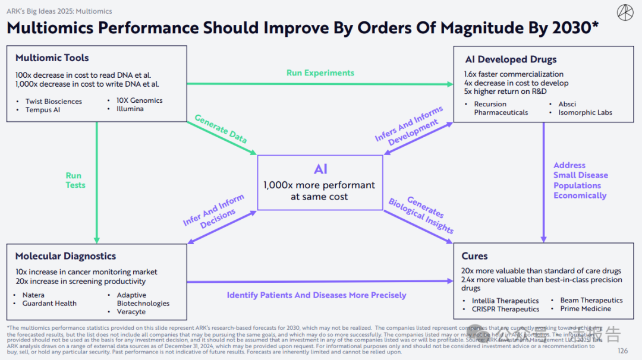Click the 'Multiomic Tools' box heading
(x=52, y=58)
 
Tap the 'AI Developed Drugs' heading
(x=511, y=59)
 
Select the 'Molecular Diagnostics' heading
(x=65, y=256)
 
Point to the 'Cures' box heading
(x=474, y=256)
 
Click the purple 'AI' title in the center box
(x=320, y=169)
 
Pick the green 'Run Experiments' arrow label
(x=320, y=73)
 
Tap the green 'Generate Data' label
(x=221, y=129)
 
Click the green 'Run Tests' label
(x=75, y=180)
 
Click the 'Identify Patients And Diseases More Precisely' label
(x=316, y=295)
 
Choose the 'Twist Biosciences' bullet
(x=53, y=102)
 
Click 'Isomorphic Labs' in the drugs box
(x=585, y=112)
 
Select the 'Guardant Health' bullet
(x=49, y=304)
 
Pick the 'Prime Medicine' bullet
(x=586, y=309)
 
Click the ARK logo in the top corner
(x=624, y=12)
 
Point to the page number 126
(x=622, y=351)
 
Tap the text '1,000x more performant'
(x=319, y=185)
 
